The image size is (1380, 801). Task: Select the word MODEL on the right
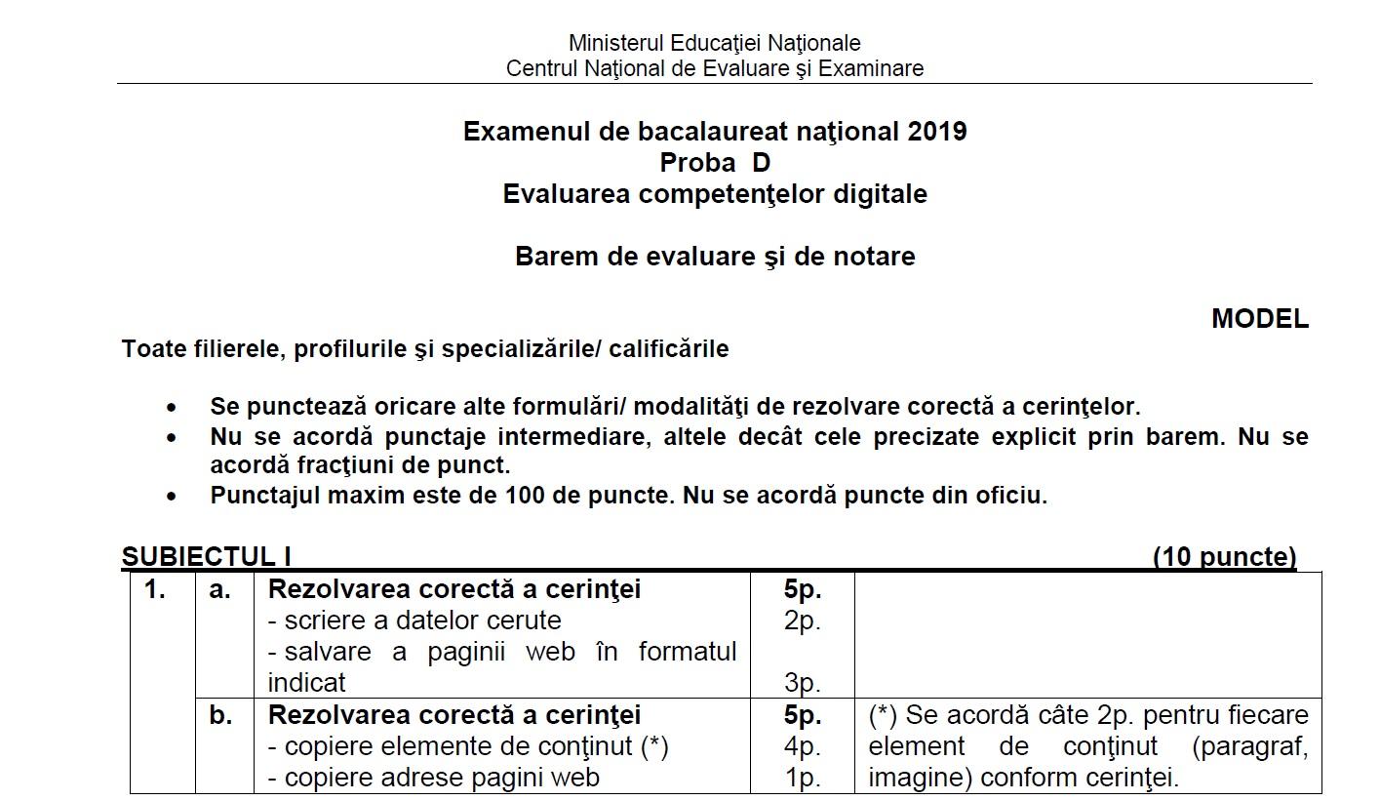[x=1259, y=319]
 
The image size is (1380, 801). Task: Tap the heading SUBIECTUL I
[x=207, y=557]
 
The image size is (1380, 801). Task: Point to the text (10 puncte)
[x=1224, y=557]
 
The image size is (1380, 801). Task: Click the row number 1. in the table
[x=155, y=589]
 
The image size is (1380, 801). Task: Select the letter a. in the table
[x=220, y=589]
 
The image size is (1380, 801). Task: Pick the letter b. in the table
[x=220, y=715]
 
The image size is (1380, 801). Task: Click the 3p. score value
[x=802, y=683]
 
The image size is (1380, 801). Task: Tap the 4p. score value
[x=802, y=746]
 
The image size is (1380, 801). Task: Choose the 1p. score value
[x=802, y=778]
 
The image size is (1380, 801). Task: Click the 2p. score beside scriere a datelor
[x=802, y=621]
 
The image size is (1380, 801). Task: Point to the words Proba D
[x=715, y=162]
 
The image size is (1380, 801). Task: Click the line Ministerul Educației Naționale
[x=714, y=43]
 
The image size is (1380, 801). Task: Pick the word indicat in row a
[x=306, y=683]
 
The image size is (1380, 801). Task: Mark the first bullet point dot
[x=173, y=408]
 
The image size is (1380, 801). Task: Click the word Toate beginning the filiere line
[x=152, y=349]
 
